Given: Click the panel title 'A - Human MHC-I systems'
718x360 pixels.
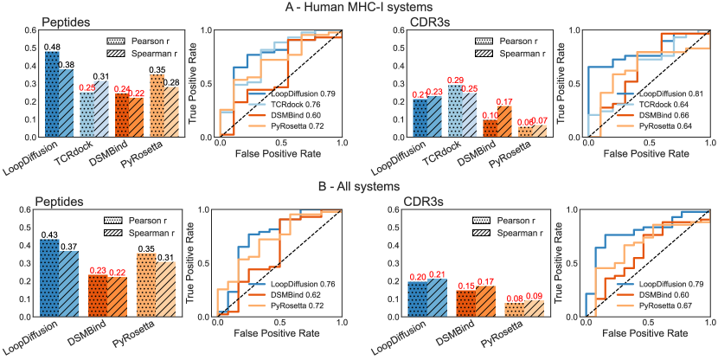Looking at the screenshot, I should pyautogui.click(x=359, y=8).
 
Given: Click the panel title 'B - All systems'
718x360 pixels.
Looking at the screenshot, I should pyautogui.click(x=359, y=185).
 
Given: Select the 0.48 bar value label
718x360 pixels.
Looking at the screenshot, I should pyautogui.click(x=52, y=47).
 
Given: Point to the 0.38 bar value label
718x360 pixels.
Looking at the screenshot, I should pyautogui.click(x=67, y=64).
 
